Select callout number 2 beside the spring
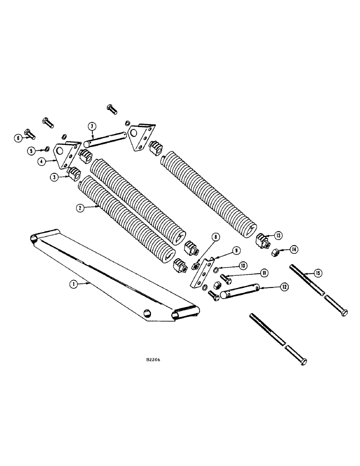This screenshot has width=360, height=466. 80,208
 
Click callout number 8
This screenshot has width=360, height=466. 214,237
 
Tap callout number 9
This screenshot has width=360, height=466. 236,250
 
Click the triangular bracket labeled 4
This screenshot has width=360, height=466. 65,153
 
